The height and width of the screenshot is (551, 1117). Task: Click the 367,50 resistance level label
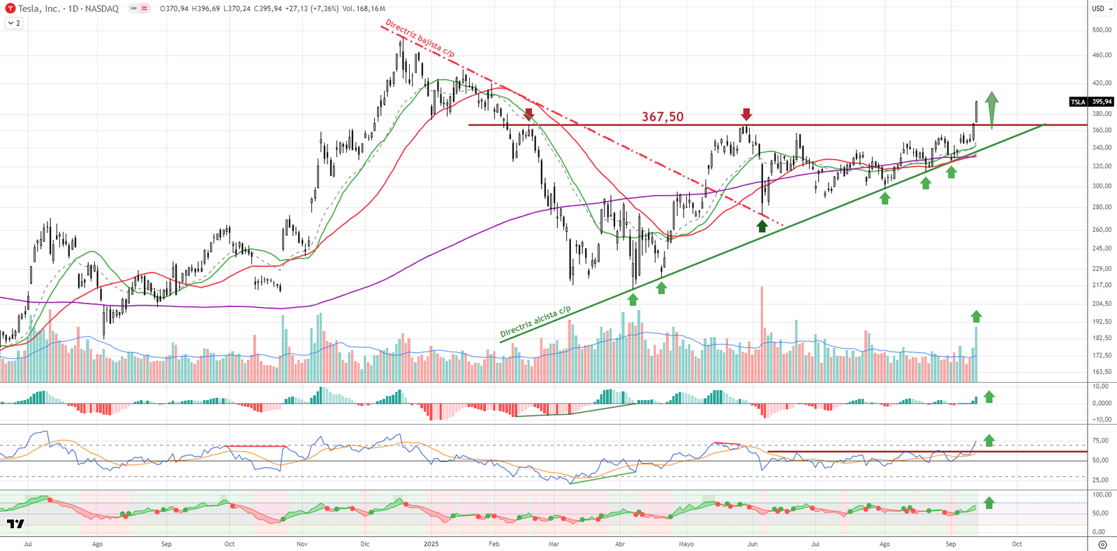(x=663, y=117)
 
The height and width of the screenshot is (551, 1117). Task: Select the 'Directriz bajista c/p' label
(x=420, y=38)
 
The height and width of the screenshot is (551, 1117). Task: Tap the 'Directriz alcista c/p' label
(x=535, y=321)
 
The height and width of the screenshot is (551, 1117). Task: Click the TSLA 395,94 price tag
(x=1092, y=102)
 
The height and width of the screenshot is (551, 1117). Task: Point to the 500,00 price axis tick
(x=1102, y=30)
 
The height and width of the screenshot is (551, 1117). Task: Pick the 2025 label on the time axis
(x=431, y=544)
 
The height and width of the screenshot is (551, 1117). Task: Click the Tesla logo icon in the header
(x=10, y=8)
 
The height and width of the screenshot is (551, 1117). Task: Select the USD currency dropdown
(x=1101, y=8)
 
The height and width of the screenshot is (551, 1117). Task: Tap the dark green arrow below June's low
(x=762, y=226)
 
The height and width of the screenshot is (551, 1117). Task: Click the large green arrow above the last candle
(x=991, y=108)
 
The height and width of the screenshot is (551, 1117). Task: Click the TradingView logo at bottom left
(x=15, y=524)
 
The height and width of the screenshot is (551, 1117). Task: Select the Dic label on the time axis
(x=364, y=544)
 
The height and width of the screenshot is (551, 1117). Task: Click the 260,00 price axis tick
(x=1102, y=230)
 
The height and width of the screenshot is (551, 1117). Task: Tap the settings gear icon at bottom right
(x=1102, y=545)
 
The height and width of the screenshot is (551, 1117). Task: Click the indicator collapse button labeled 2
(x=14, y=23)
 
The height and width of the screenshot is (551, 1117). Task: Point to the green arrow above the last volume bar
(x=976, y=316)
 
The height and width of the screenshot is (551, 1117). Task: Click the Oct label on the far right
(x=1017, y=544)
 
